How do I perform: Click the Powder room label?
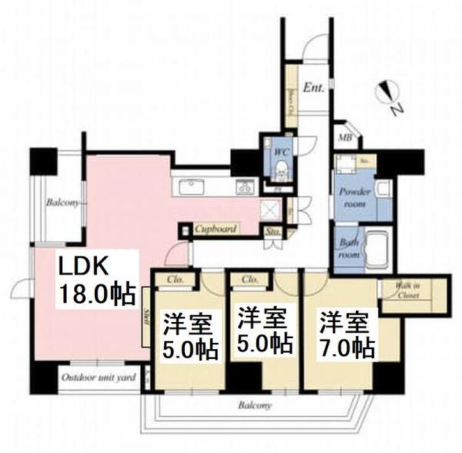[355, 196]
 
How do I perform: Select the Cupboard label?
[215, 229]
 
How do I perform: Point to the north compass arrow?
[387, 92]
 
